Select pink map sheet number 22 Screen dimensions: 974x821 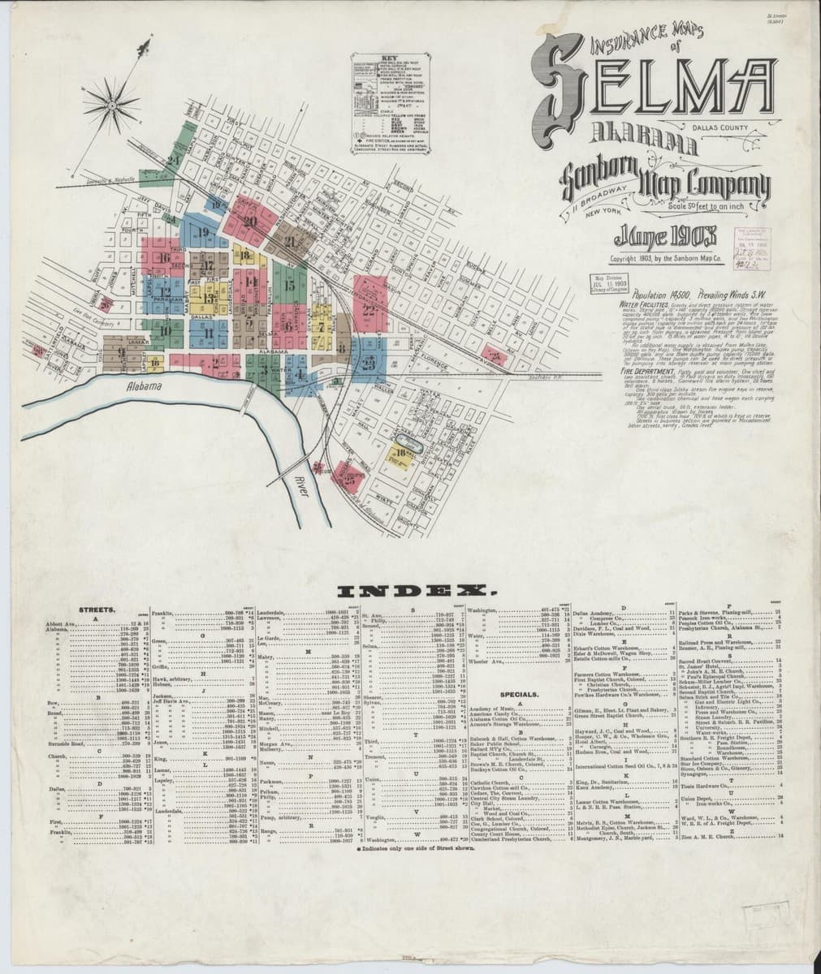[369, 309]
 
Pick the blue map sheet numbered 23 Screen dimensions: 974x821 [369, 363]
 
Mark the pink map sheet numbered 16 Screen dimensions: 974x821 [166, 259]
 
